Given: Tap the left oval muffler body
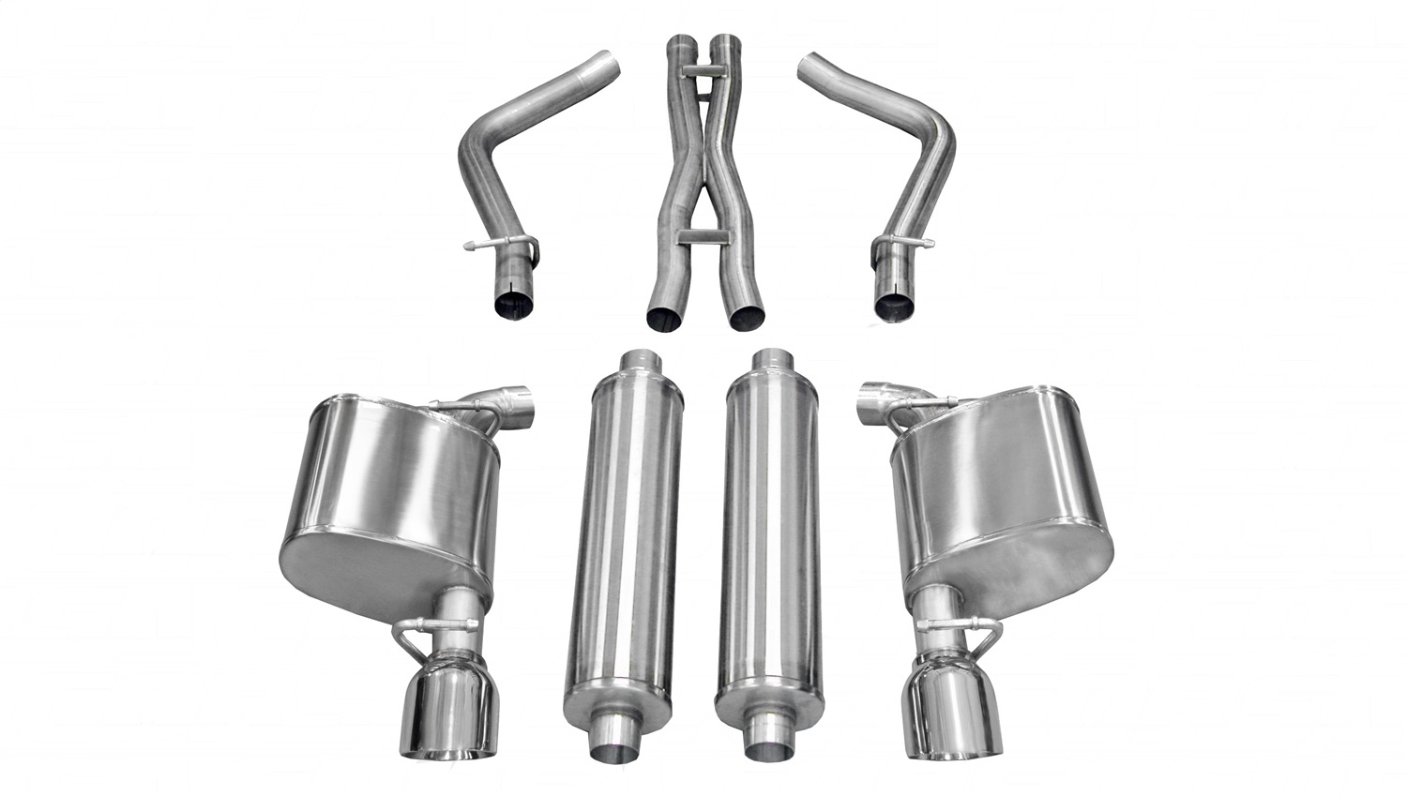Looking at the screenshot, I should pos(389,497).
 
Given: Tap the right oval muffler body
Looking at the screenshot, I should pos(1004,497).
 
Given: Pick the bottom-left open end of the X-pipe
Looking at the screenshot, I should pos(665,317).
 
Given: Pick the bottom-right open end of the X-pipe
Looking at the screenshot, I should pos(748,317).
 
